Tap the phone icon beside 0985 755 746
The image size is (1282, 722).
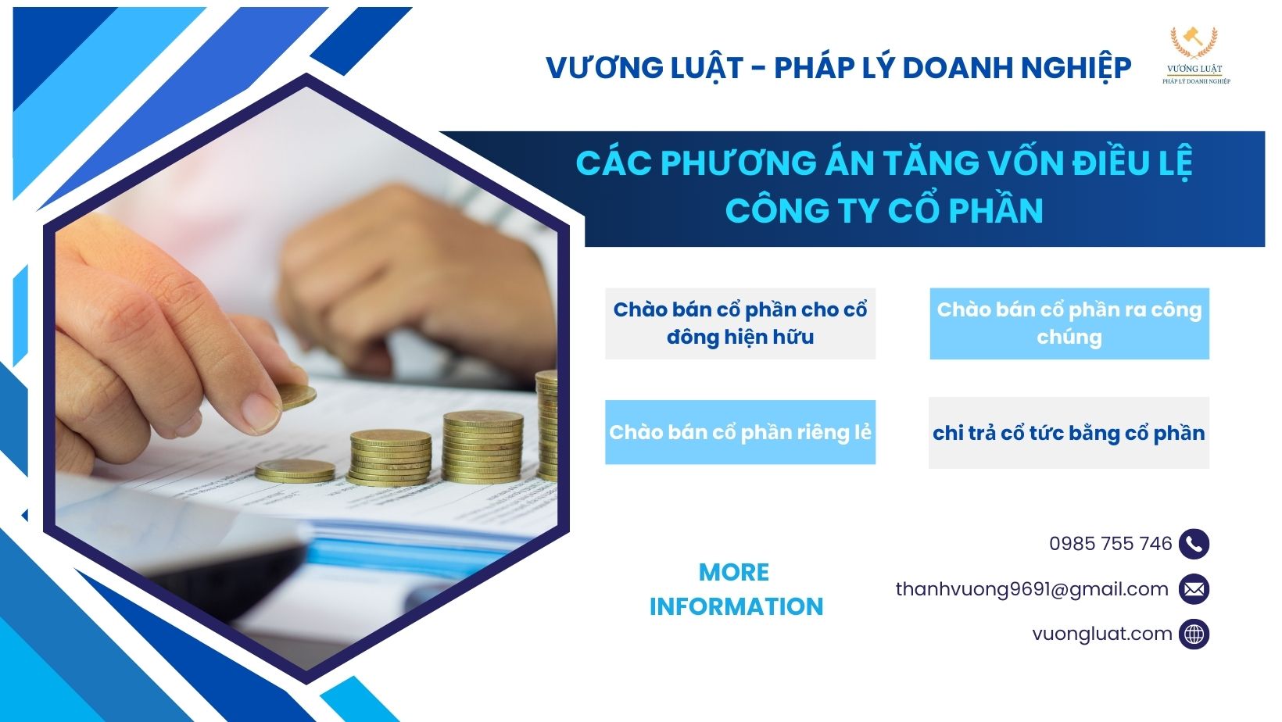[x=1194, y=544]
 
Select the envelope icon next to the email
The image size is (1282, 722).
[x=1194, y=589]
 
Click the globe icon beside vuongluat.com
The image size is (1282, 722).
[x=1194, y=634]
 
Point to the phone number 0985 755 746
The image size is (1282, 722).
[x=1110, y=544]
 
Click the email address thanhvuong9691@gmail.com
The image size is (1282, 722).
[x=1032, y=589]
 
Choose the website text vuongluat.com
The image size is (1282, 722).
[x=1101, y=634]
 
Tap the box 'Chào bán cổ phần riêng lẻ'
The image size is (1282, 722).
[x=739, y=432]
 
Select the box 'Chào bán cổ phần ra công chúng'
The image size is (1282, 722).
[x=1069, y=323]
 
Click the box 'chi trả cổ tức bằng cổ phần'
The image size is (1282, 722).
[x=1069, y=433]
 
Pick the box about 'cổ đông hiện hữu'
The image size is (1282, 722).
[x=739, y=323]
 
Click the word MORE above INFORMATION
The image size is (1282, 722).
[x=733, y=572]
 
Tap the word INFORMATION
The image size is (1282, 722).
[x=736, y=606]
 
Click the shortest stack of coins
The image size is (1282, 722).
[x=295, y=470]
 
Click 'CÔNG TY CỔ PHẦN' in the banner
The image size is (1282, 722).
[x=883, y=211]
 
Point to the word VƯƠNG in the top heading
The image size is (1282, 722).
[x=596, y=68]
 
